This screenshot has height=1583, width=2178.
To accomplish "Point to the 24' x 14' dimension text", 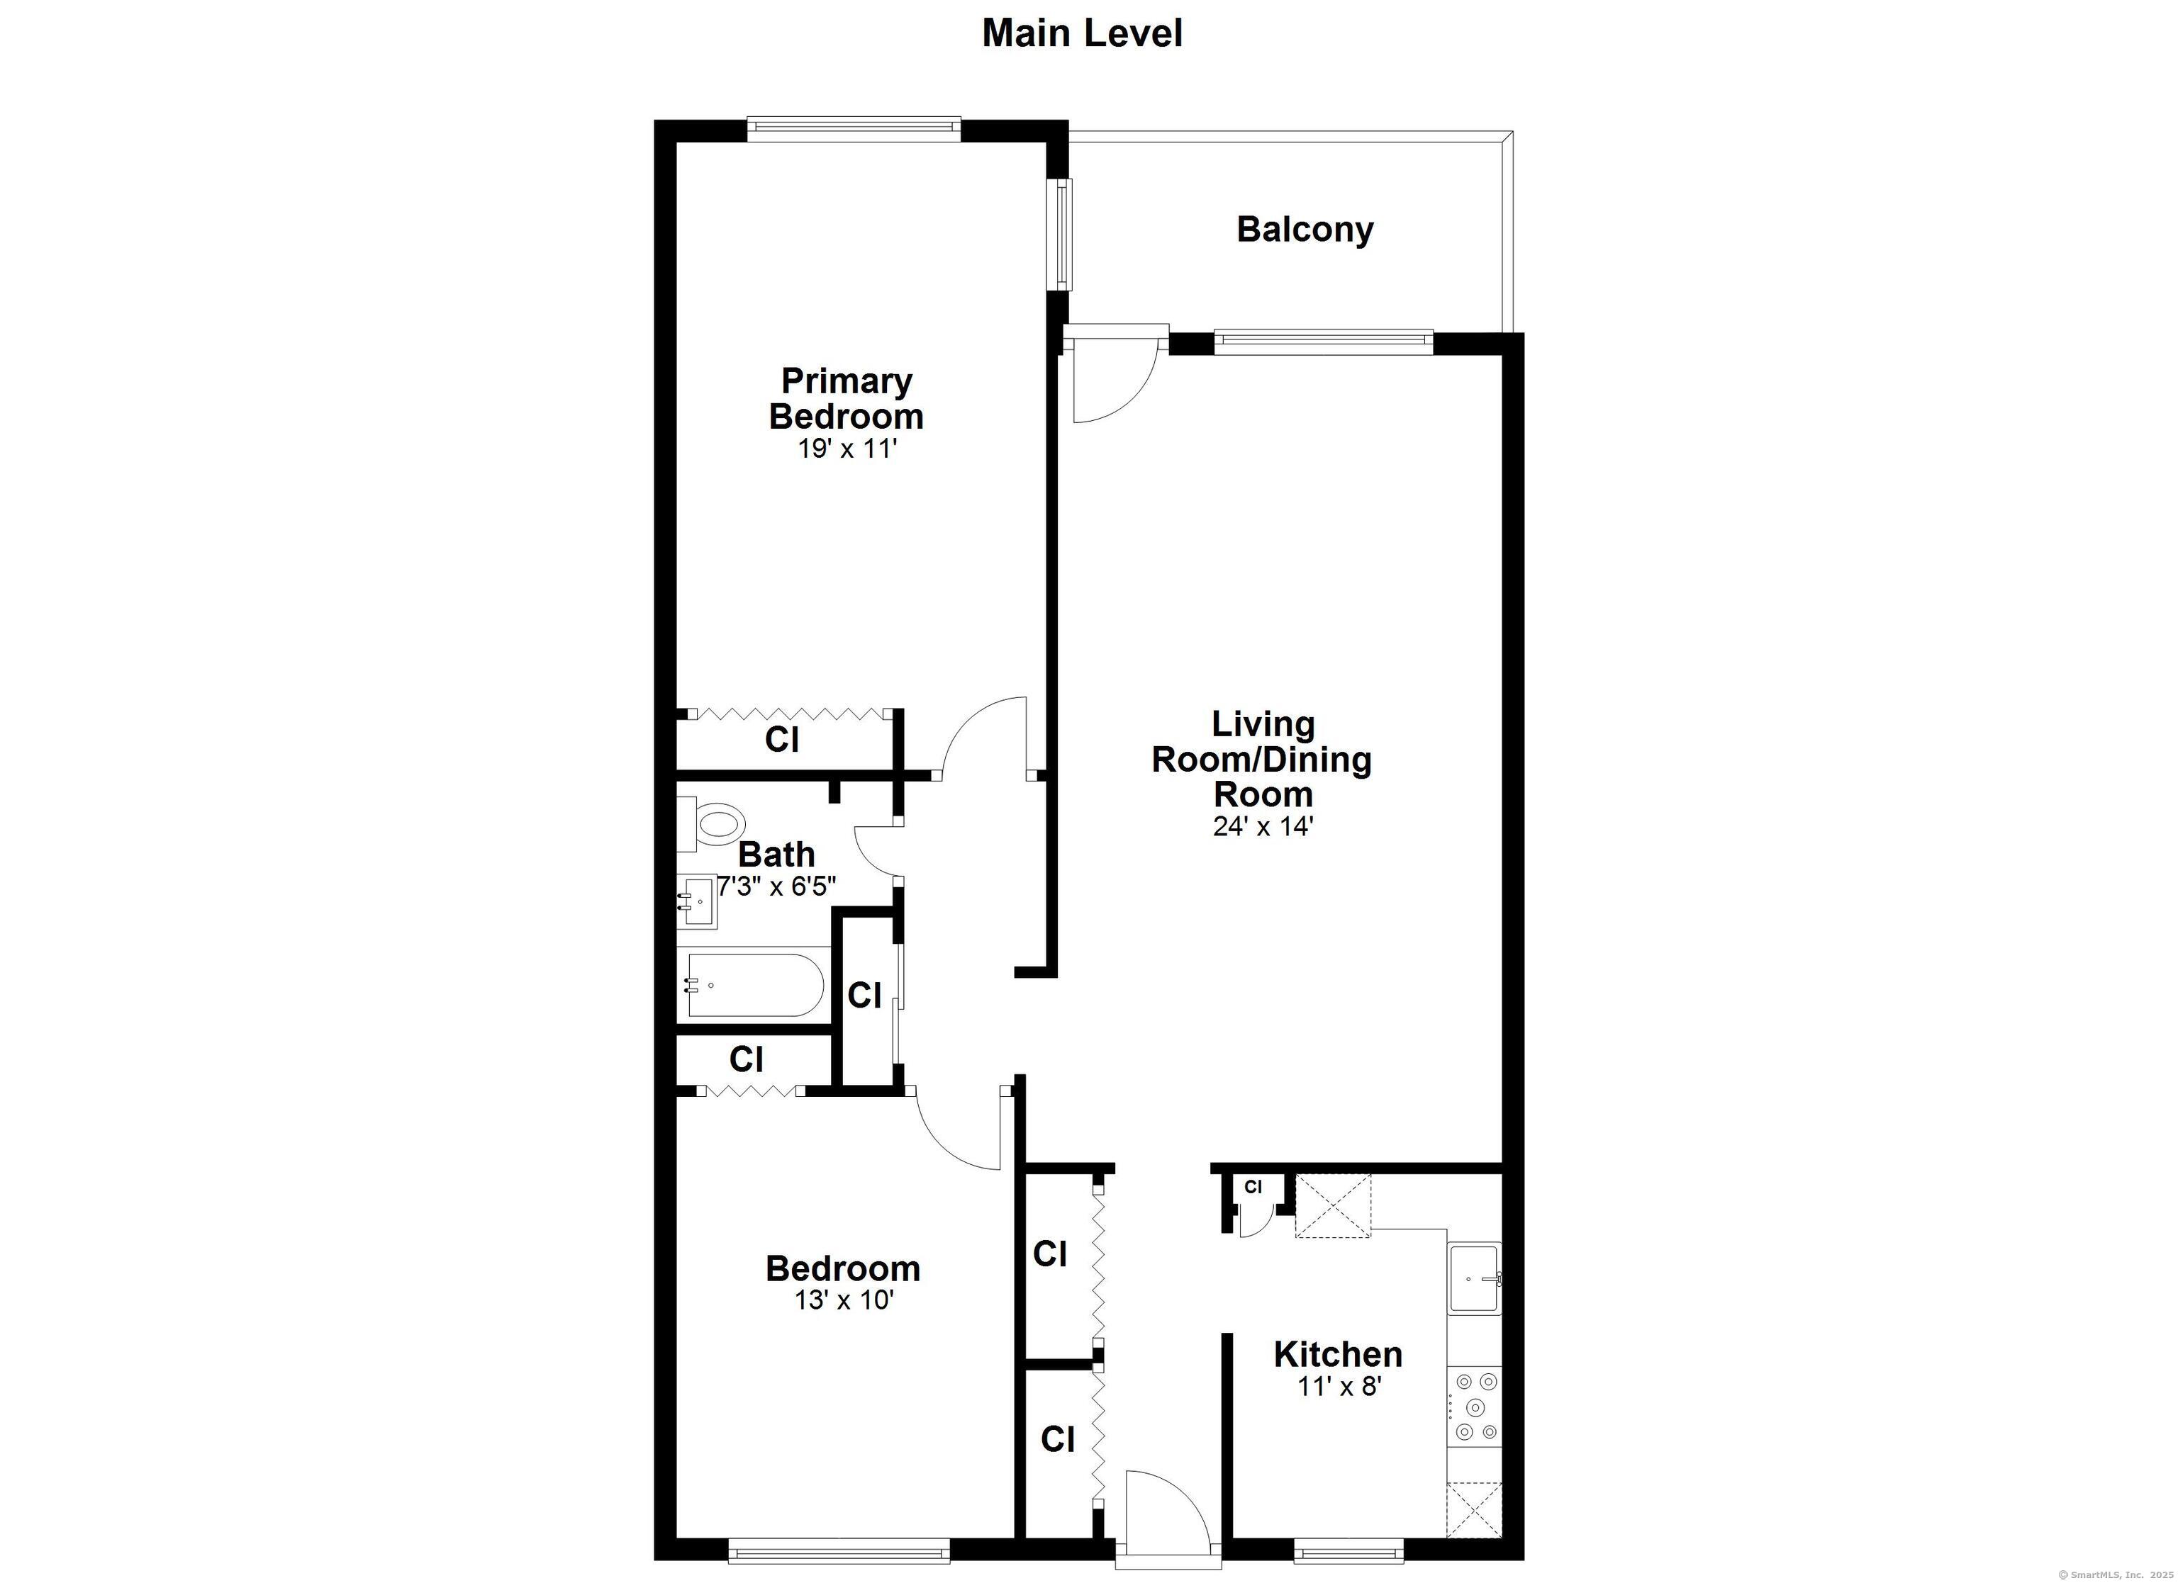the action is tap(1263, 826).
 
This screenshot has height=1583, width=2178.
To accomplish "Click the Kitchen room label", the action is tap(1338, 1355).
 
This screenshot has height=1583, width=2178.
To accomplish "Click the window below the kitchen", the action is tap(1349, 1550).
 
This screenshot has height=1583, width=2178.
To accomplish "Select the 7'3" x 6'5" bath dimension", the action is tap(776, 886).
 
